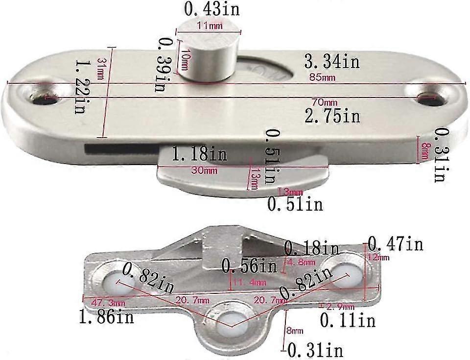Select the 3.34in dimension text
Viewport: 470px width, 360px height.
(x=331, y=62)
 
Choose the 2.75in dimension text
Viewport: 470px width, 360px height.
(x=332, y=116)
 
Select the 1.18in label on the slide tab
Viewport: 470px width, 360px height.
(x=199, y=155)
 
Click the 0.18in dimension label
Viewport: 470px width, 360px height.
(x=312, y=248)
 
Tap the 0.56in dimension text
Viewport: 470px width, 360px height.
(x=249, y=266)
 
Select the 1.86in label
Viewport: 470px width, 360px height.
(x=106, y=318)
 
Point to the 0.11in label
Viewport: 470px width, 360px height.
(x=348, y=320)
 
